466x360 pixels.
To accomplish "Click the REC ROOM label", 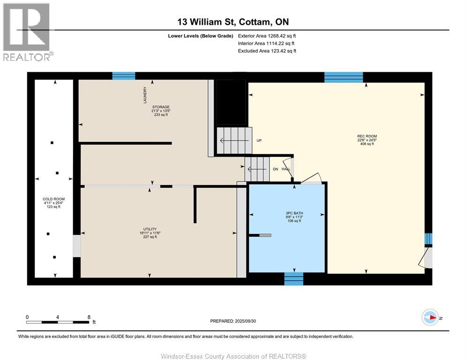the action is (x=367, y=136).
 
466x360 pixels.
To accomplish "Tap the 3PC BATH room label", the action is (x=294, y=213).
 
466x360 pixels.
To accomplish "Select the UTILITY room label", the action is (x=150, y=229).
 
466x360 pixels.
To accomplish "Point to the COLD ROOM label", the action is (x=53, y=199).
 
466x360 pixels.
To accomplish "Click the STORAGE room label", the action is (x=161, y=107).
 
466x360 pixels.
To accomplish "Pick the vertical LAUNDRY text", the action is (x=145, y=95).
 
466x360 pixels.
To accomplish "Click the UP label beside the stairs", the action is (x=259, y=140).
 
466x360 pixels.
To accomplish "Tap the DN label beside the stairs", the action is (x=276, y=169).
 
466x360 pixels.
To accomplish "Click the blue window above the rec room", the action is (x=344, y=77).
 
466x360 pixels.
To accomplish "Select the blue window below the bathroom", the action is (x=293, y=279).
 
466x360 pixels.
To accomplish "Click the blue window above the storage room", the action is (x=124, y=76).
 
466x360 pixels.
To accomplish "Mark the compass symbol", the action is (x=430, y=317).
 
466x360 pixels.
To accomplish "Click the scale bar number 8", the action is (x=89, y=317).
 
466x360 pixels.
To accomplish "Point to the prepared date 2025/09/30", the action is (x=246, y=321).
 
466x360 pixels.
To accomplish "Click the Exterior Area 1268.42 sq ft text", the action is (x=267, y=36).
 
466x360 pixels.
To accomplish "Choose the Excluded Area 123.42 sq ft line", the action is (x=267, y=51).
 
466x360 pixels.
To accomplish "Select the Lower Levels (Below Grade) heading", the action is (x=201, y=36).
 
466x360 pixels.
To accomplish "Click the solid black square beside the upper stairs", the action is (x=231, y=102).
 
